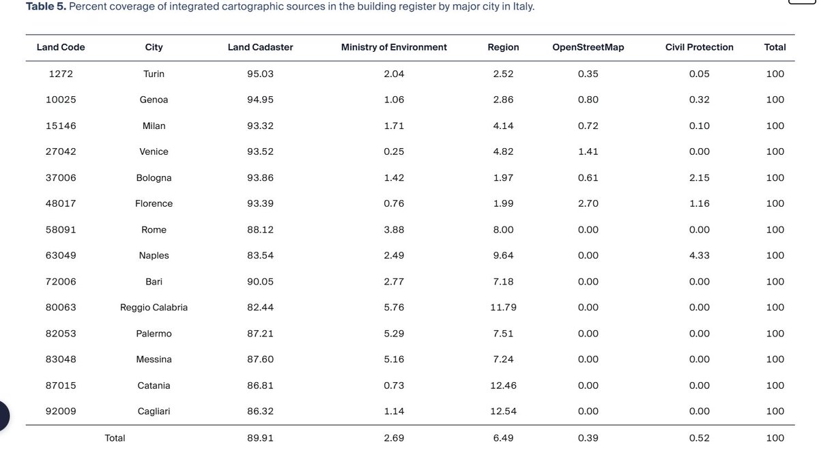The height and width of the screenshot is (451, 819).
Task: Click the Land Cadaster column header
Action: coord(260,47)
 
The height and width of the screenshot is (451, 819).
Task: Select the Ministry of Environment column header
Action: coord(394,47)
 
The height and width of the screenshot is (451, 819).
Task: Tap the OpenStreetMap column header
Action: coord(588,47)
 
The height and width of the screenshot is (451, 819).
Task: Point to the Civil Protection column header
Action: coord(699,47)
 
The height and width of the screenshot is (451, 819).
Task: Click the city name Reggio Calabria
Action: coord(154,308)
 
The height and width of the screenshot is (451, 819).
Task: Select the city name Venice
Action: coord(154,151)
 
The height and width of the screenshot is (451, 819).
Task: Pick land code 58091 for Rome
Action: coord(61,230)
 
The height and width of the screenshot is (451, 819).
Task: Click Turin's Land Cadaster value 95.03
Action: coord(260,74)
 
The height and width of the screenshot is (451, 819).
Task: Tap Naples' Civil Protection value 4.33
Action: coord(699,256)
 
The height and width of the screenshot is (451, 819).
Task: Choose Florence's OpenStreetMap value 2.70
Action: coord(588,203)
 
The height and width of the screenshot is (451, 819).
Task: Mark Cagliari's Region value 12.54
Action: coord(503,411)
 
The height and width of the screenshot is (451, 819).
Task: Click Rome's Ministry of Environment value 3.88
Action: coord(394,230)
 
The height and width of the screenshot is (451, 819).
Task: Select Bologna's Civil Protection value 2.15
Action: coord(699,177)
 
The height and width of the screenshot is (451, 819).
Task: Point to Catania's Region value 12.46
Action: coord(503,385)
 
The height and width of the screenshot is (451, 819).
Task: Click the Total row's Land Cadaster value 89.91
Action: coord(260,438)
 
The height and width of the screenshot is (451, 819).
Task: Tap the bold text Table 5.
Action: coord(46,7)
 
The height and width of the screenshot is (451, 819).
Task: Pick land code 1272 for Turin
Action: coord(61,74)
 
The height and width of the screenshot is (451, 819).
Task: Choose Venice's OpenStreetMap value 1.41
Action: coord(588,151)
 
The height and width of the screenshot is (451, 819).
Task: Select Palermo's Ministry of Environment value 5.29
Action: coord(394,334)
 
